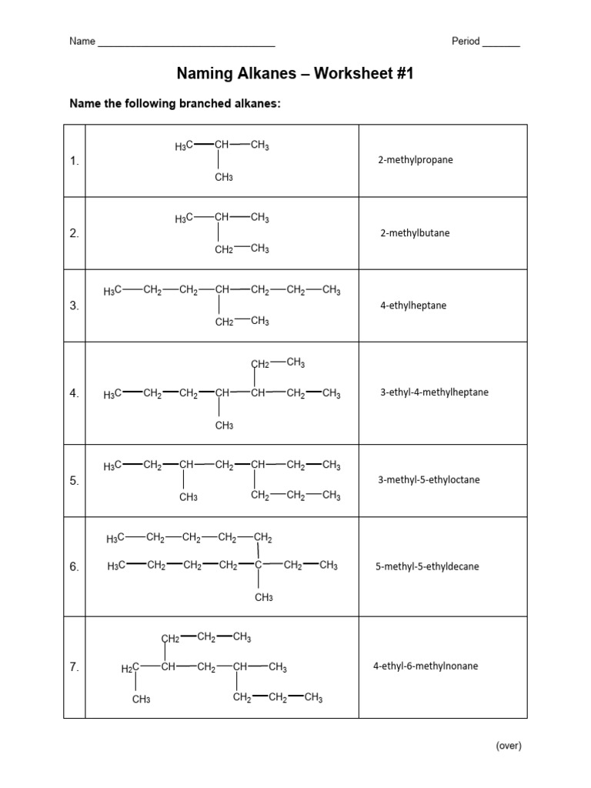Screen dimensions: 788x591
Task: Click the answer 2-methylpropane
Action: click(415, 161)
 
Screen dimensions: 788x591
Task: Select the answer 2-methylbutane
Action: click(415, 233)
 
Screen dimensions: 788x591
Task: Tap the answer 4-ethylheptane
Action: click(413, 306)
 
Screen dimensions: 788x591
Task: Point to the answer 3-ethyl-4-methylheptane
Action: click(434, 392)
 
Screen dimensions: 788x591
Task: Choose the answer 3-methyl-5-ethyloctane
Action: click(429, 479)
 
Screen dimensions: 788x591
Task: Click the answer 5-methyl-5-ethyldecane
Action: click(427, 566)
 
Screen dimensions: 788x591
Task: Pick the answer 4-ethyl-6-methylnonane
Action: click(426, 666)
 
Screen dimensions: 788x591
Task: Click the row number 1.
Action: click(74, 162)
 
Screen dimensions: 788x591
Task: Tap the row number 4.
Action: click(74, 393)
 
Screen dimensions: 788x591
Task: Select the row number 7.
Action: click(74, 667)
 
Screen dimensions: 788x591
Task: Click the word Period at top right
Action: click(466, 42)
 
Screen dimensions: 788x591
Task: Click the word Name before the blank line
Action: click(82, 42)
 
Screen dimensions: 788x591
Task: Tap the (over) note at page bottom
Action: click(509, 745)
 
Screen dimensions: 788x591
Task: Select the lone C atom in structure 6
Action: click(259, 566)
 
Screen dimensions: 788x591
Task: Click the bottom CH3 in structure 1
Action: click(224, 178)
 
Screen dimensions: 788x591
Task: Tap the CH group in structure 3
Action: click(223, 291)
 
